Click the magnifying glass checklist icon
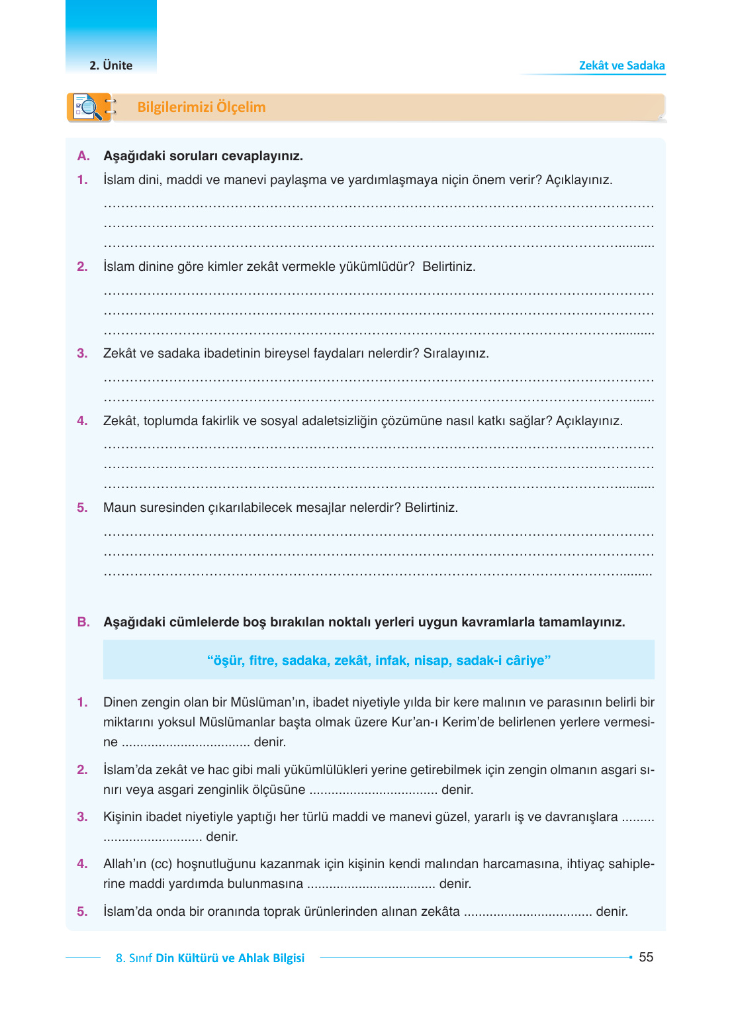pyautogui.click(x=89, y=107)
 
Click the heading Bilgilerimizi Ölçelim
pyautogui.click(x=201, y=107)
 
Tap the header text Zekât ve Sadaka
pyautogui.click(x=621, y=66)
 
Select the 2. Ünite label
pyautogui.click(x=111, y=66)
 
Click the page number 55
pyautogui.click(x=646, y=957)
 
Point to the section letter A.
pyautogui.click(x=83, y=156)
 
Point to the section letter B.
pyautogui.click(x=83, y=622)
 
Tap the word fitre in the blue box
pyautogui.click(x=262, y=660)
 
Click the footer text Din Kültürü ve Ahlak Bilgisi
pyautogui.click(x=230, y=958)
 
